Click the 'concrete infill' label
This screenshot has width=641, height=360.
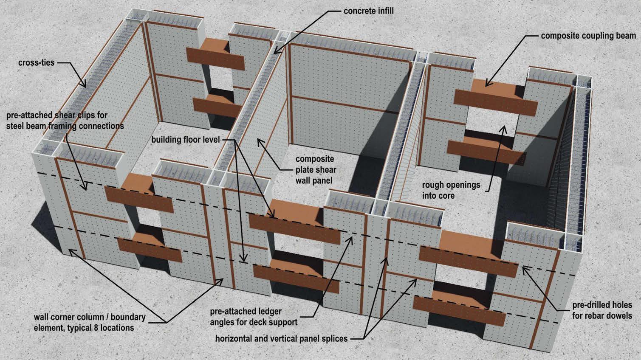368,10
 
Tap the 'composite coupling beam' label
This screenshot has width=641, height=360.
588,36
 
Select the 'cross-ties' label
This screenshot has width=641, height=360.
36,63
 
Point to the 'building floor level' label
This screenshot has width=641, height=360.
185,140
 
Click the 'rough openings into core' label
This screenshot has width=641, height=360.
451,190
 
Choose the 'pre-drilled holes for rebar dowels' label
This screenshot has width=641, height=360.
602,310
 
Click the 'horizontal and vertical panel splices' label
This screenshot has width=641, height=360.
281,339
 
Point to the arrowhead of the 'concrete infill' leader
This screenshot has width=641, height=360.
274,53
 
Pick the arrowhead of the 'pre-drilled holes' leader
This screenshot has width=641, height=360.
522,267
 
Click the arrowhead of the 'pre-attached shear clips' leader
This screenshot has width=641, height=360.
87,189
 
